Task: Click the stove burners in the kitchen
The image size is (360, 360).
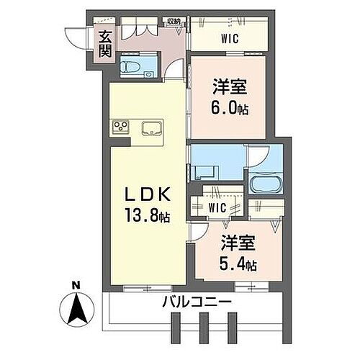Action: (120, 128)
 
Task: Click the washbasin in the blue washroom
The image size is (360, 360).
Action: (203, 172)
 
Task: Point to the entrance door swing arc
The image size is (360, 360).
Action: (74, 35)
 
